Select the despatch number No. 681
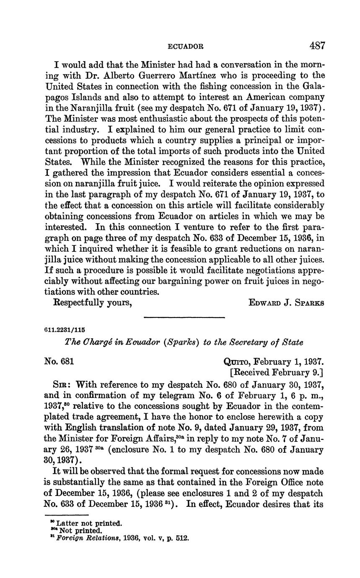click(x=60, y=361)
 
